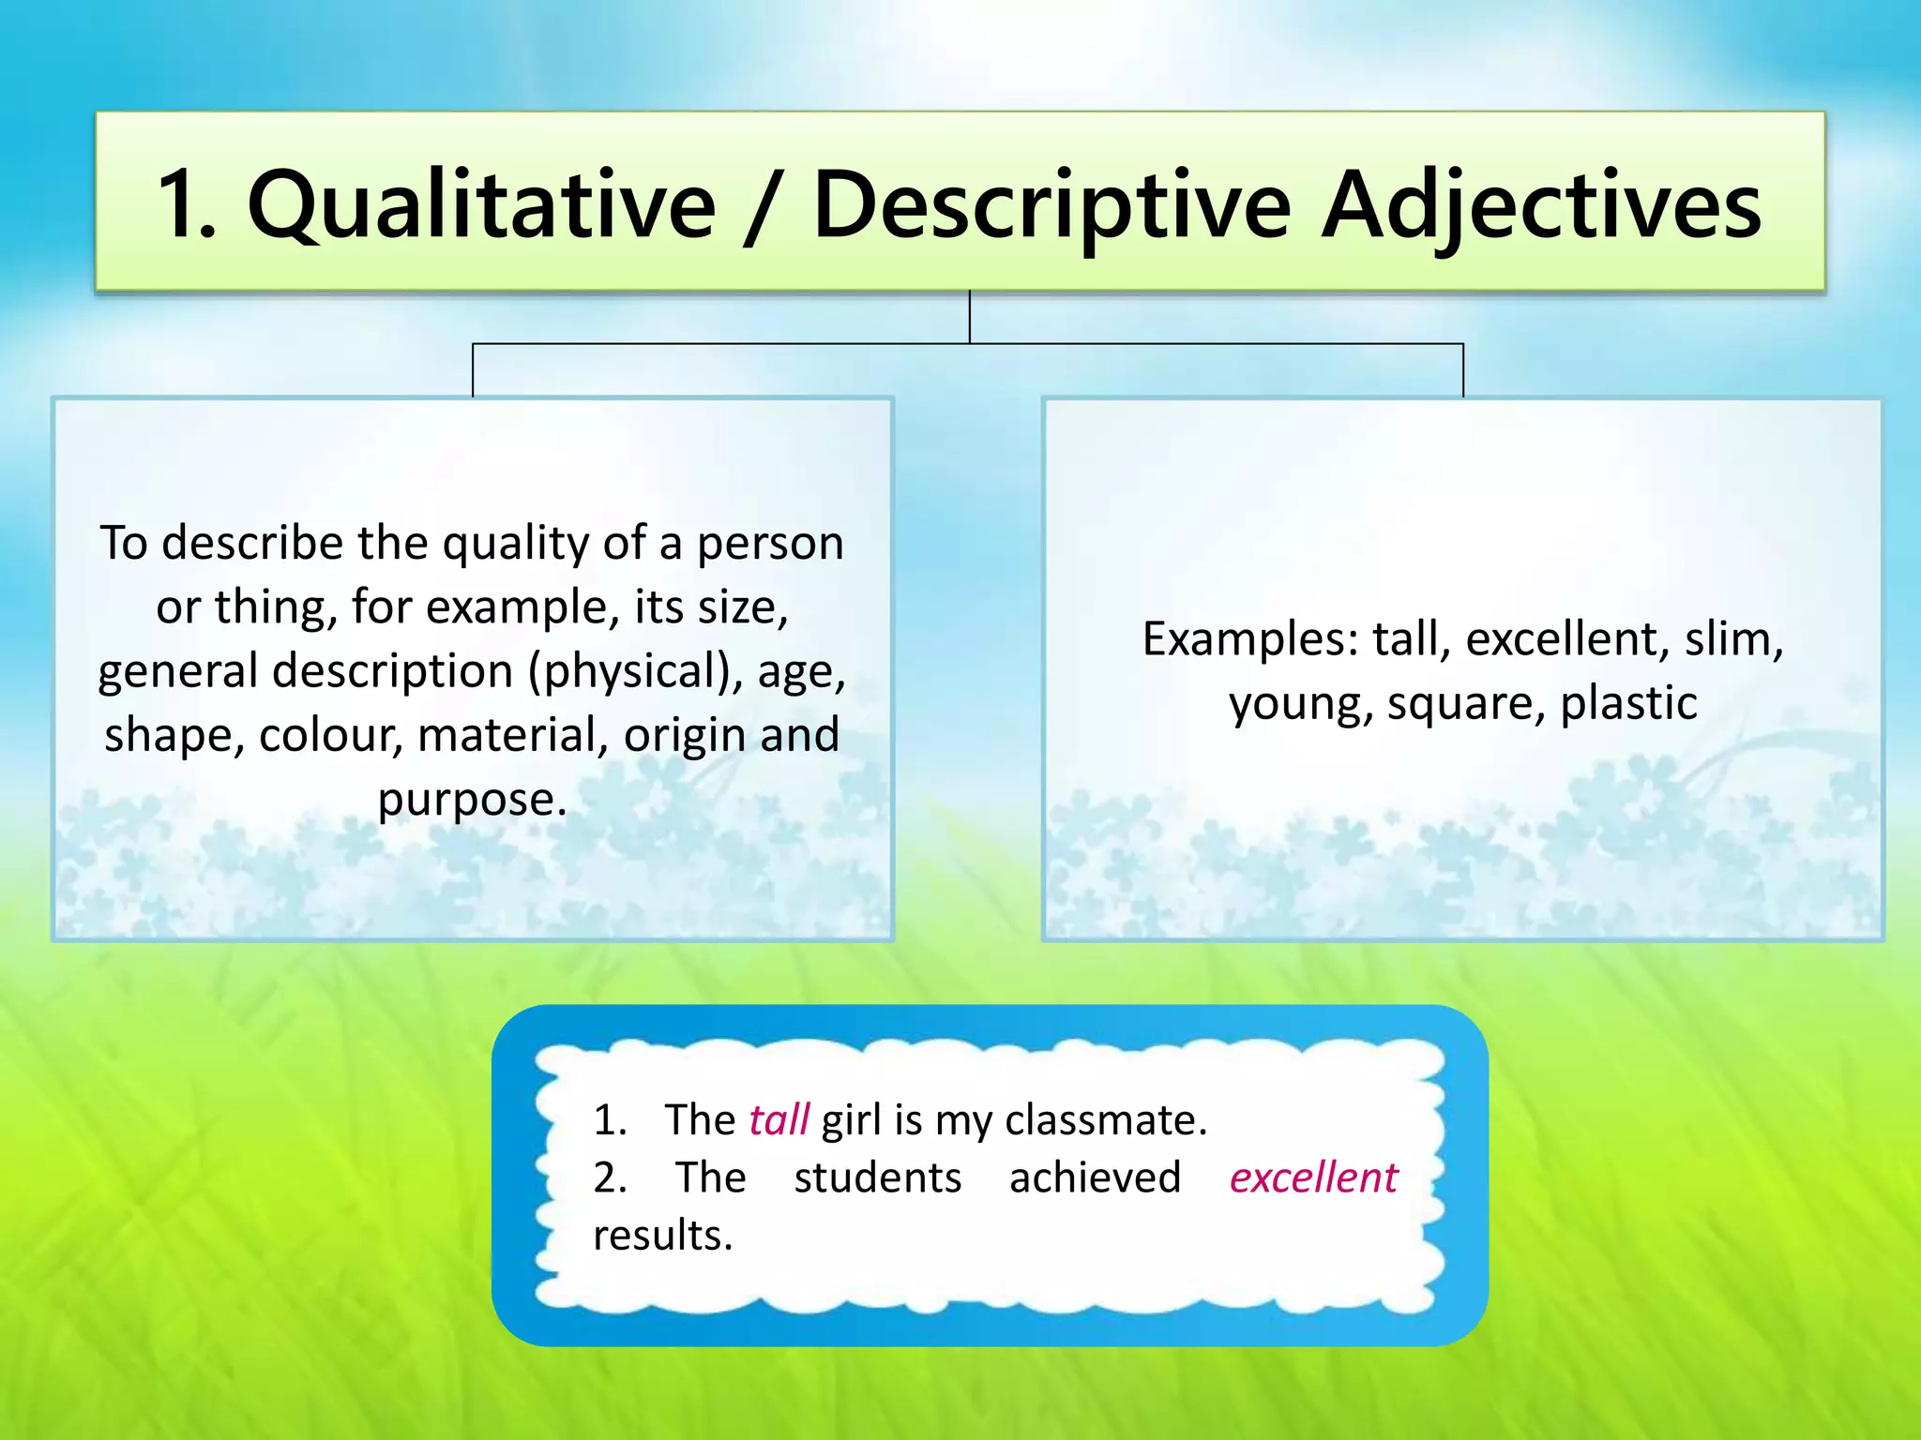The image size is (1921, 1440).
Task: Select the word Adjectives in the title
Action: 1543,204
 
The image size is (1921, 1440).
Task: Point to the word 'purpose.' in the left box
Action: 472,800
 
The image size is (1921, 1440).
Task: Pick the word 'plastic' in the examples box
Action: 1628,703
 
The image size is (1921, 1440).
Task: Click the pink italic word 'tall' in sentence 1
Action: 779,1119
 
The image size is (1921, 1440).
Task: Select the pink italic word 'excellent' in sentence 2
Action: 1313,1177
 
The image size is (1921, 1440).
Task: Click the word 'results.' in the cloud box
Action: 662,1236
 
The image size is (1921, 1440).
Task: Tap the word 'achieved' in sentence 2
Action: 1095,1177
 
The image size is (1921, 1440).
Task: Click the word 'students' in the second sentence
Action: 877,1177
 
